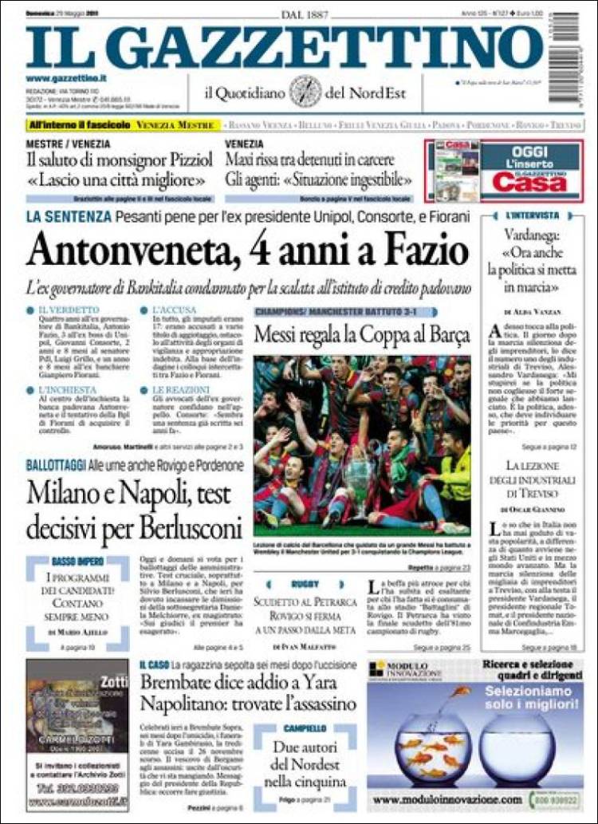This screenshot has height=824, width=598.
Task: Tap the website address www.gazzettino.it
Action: (65, 77)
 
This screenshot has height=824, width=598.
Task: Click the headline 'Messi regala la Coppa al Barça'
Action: (361, 335)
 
